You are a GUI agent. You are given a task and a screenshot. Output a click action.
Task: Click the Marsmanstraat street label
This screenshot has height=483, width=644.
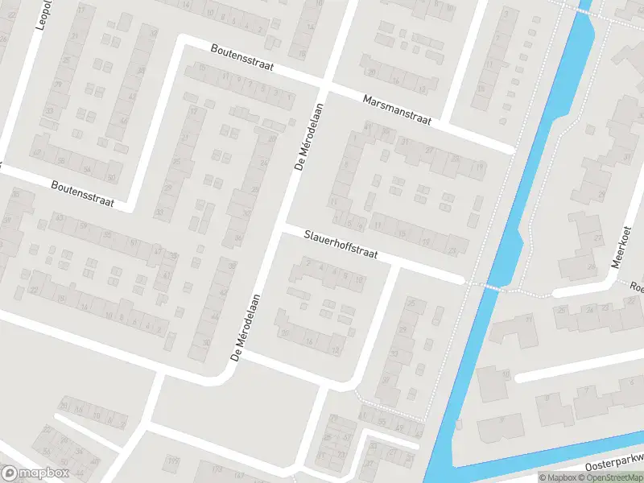point(397,110)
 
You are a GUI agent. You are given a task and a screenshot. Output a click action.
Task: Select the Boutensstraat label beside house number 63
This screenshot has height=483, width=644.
point(82,194)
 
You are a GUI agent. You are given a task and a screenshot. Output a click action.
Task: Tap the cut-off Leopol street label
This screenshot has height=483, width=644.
point(45,14)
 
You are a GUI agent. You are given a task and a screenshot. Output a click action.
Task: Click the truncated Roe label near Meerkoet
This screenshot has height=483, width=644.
point(636,287)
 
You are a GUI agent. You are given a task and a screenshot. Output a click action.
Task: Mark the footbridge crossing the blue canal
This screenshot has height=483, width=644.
point(491,286)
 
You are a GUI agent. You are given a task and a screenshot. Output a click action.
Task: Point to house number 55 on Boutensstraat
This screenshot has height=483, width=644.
point(107,235)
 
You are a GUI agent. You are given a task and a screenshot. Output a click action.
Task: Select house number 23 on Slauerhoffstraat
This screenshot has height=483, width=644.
point(452,251)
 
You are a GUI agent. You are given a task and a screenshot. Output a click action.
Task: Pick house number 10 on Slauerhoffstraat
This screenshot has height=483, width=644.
point(359,277)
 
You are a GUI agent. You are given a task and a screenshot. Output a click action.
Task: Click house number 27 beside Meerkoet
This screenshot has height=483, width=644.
point(598,238)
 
